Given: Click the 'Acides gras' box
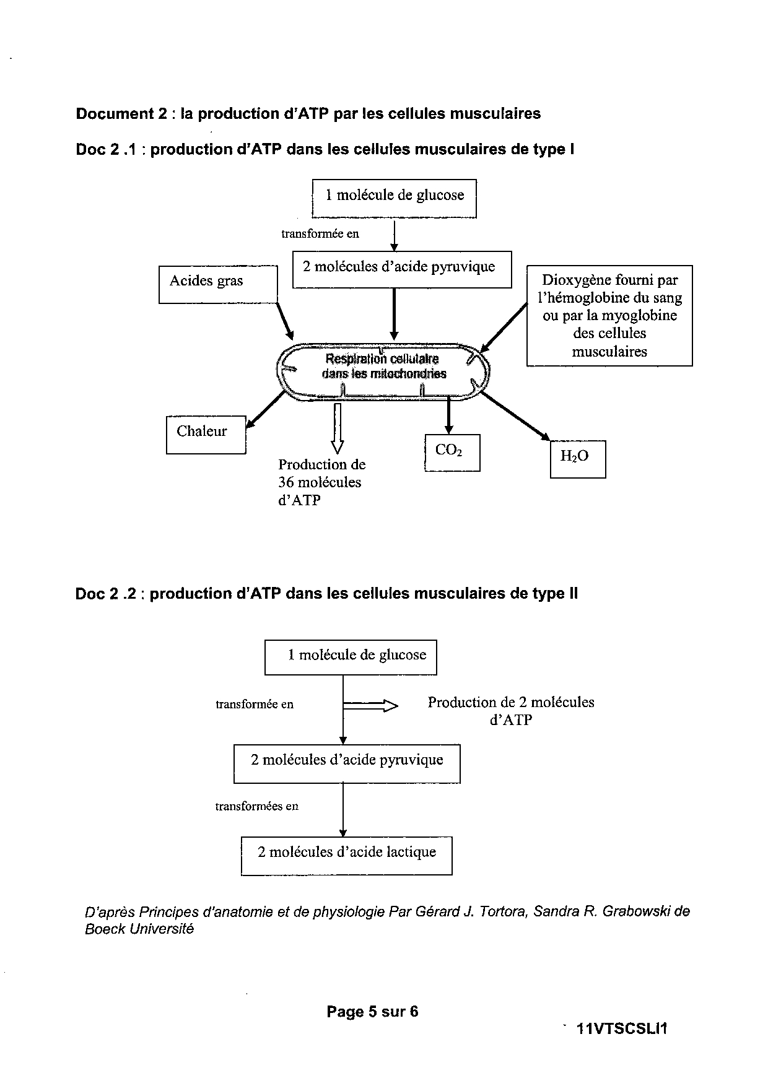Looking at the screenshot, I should [218, 284].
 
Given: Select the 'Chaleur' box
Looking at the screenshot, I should [206, 435].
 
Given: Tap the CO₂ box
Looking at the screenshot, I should [452, 453].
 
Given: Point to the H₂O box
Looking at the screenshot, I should [578, 459].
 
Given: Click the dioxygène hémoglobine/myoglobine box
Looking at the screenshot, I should [609, 316].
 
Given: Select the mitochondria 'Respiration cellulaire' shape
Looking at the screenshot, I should [384, 370].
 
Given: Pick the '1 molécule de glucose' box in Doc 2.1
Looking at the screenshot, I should [395, 198].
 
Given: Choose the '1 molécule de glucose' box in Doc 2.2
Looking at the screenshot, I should [351, 657].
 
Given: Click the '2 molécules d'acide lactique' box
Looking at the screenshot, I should [346, 856].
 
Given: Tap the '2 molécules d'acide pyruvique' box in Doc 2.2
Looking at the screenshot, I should [347, 763].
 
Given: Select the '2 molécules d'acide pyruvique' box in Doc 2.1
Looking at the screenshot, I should [402, 269].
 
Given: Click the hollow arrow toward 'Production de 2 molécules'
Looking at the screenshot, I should [370, 705].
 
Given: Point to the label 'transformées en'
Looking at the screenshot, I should [257, 806].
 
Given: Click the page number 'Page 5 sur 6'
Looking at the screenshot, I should [372, 1011].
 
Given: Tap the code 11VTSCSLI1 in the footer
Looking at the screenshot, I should [621, 1029].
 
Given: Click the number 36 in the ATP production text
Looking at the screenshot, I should [286, 482].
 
